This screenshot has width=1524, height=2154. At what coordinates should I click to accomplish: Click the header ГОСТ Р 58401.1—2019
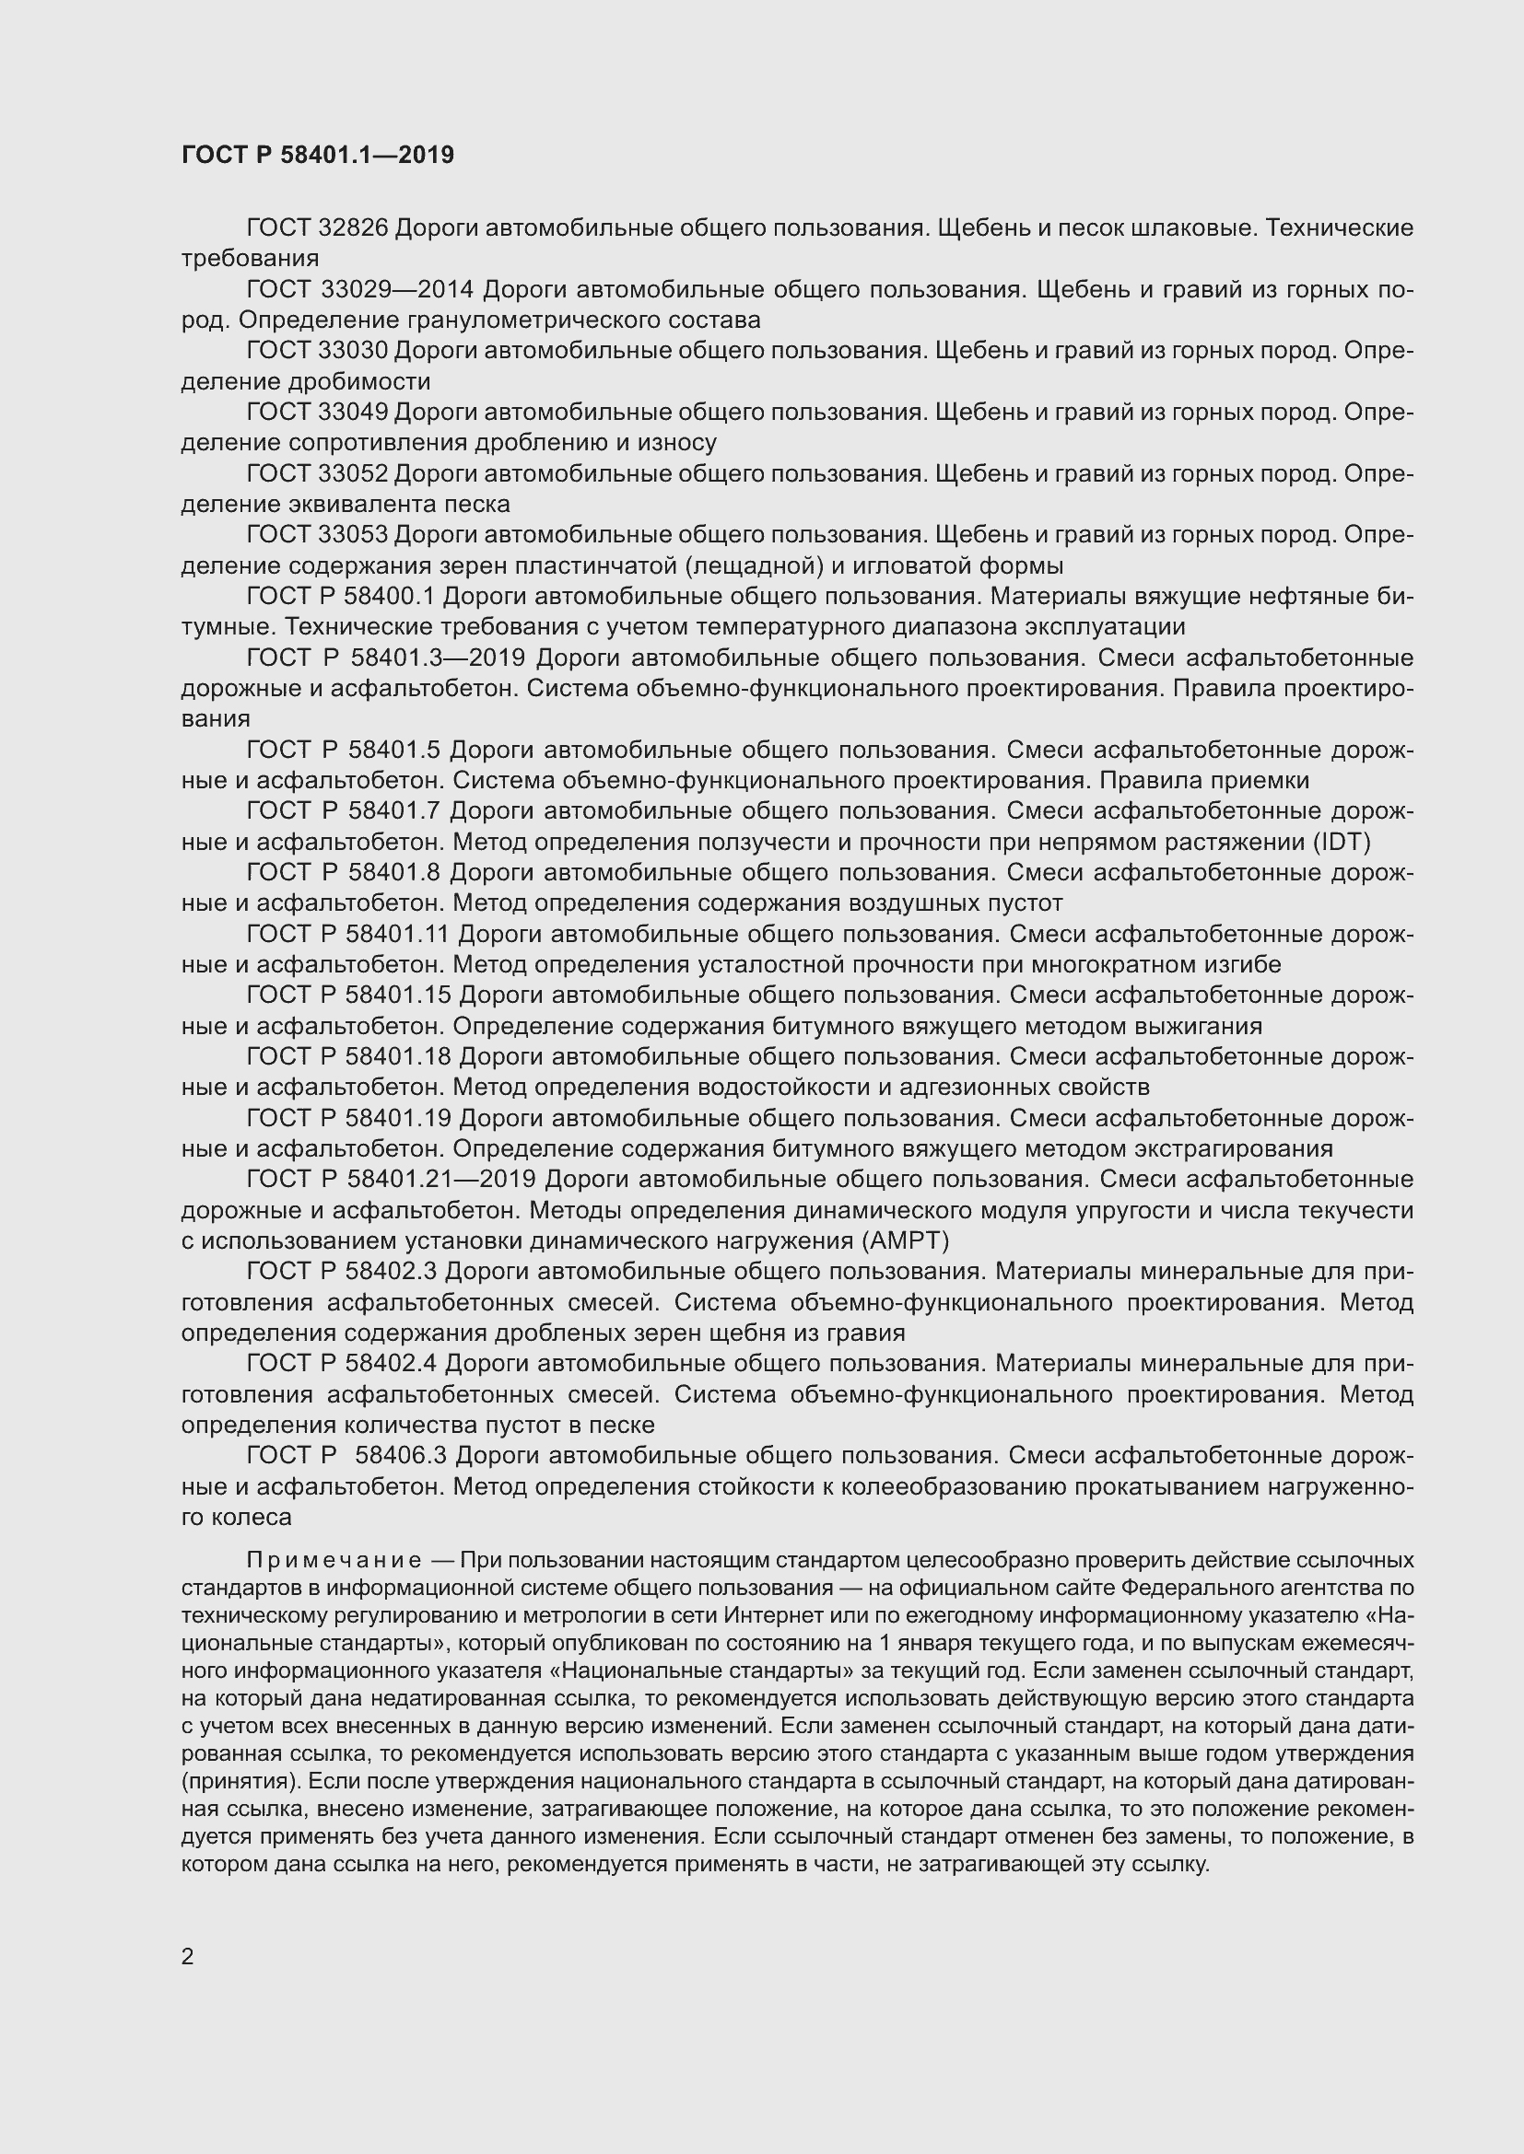point(317,155)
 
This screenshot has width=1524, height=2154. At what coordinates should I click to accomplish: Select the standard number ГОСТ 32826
point(316,228)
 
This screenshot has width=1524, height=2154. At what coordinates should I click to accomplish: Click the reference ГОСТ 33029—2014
point(359,289)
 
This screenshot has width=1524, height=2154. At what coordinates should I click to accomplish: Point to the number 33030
point(353,351)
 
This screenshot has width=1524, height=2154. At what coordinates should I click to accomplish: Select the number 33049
point(353,412)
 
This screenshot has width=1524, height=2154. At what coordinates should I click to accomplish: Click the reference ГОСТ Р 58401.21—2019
point(391,1179)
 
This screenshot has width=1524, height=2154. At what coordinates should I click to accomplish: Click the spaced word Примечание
point(334,1560)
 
